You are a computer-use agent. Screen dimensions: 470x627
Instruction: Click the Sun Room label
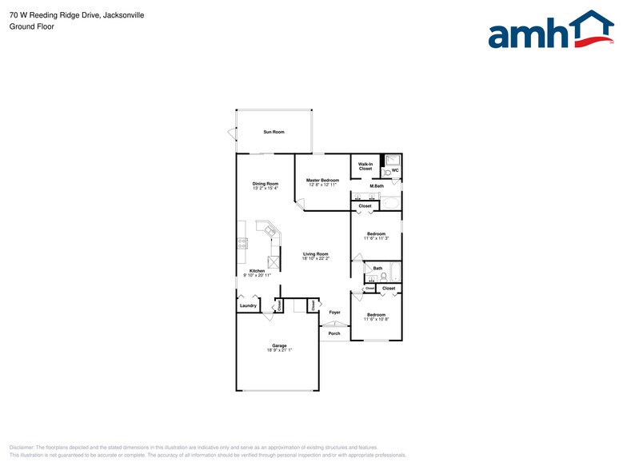tap(274, 131)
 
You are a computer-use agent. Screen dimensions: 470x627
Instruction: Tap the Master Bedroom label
tap(323, 181)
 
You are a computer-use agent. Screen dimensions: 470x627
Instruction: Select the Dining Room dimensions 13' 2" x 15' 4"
tap(266, 189)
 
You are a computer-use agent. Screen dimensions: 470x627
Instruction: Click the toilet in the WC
tap(386, 171)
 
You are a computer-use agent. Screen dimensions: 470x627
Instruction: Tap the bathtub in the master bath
tap(389, 203)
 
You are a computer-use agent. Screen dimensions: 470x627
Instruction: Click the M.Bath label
tap(376, 186)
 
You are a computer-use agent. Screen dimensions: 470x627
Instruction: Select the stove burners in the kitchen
tap(242, 245)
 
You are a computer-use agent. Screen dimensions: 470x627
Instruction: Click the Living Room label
tap(315, 254)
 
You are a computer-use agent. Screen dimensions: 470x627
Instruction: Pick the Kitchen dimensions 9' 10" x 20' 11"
tap(257, 275)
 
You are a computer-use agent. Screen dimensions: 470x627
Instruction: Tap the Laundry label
tap(248, 305)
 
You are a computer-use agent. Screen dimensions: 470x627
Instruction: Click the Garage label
tap(279, 345)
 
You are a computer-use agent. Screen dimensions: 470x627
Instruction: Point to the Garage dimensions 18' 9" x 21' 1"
tap(279, 350)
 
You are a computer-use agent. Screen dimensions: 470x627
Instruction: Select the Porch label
tap(334, 333)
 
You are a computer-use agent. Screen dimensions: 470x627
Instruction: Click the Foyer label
tap(334, 313)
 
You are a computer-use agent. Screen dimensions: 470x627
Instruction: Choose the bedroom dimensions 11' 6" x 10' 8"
tap(376, 319)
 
